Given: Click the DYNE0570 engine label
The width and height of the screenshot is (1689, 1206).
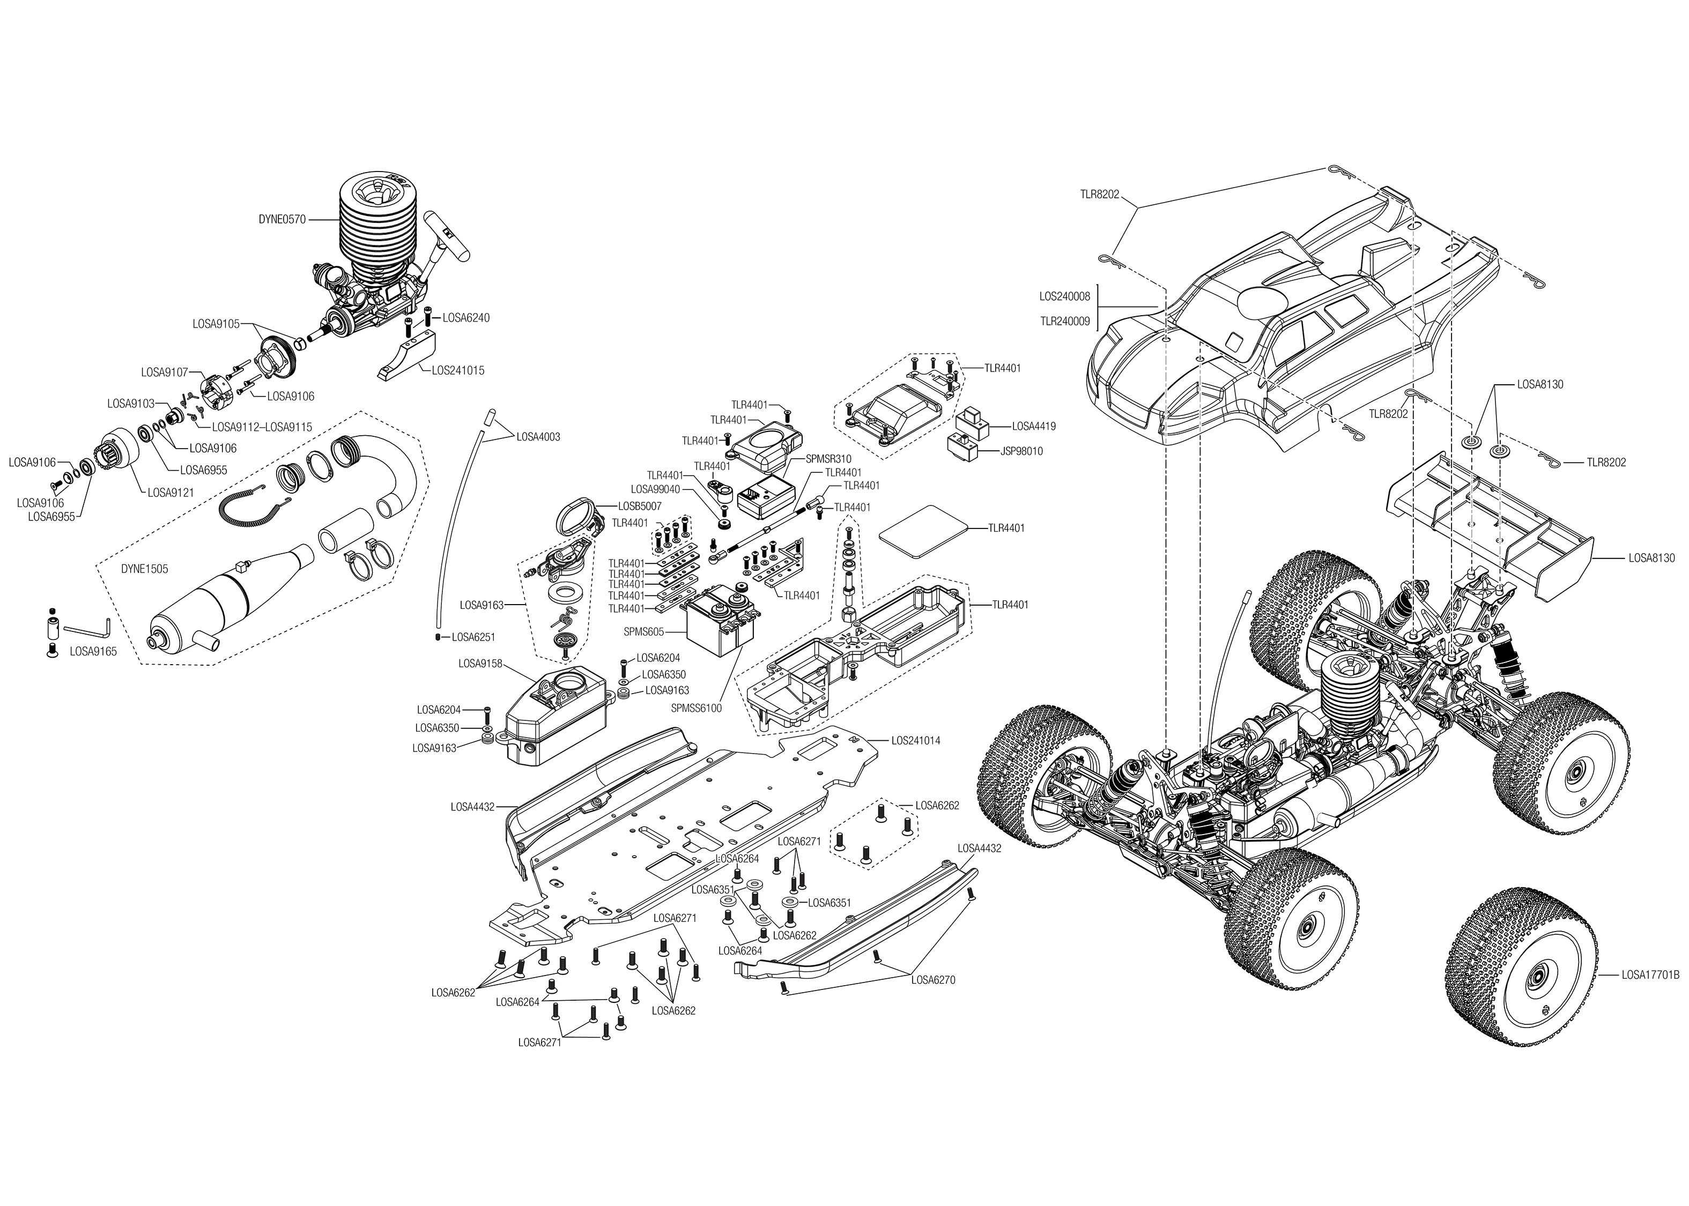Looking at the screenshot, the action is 281,219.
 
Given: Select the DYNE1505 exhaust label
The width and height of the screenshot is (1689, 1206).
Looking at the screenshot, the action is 144,569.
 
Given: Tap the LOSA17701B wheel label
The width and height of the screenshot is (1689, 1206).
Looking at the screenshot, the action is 1650,975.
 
